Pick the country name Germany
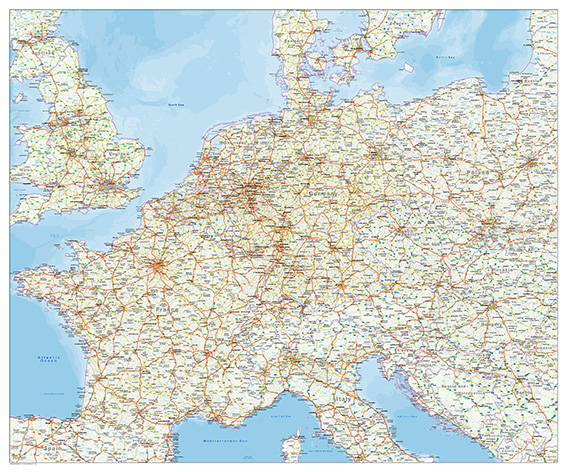click(323, 188)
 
